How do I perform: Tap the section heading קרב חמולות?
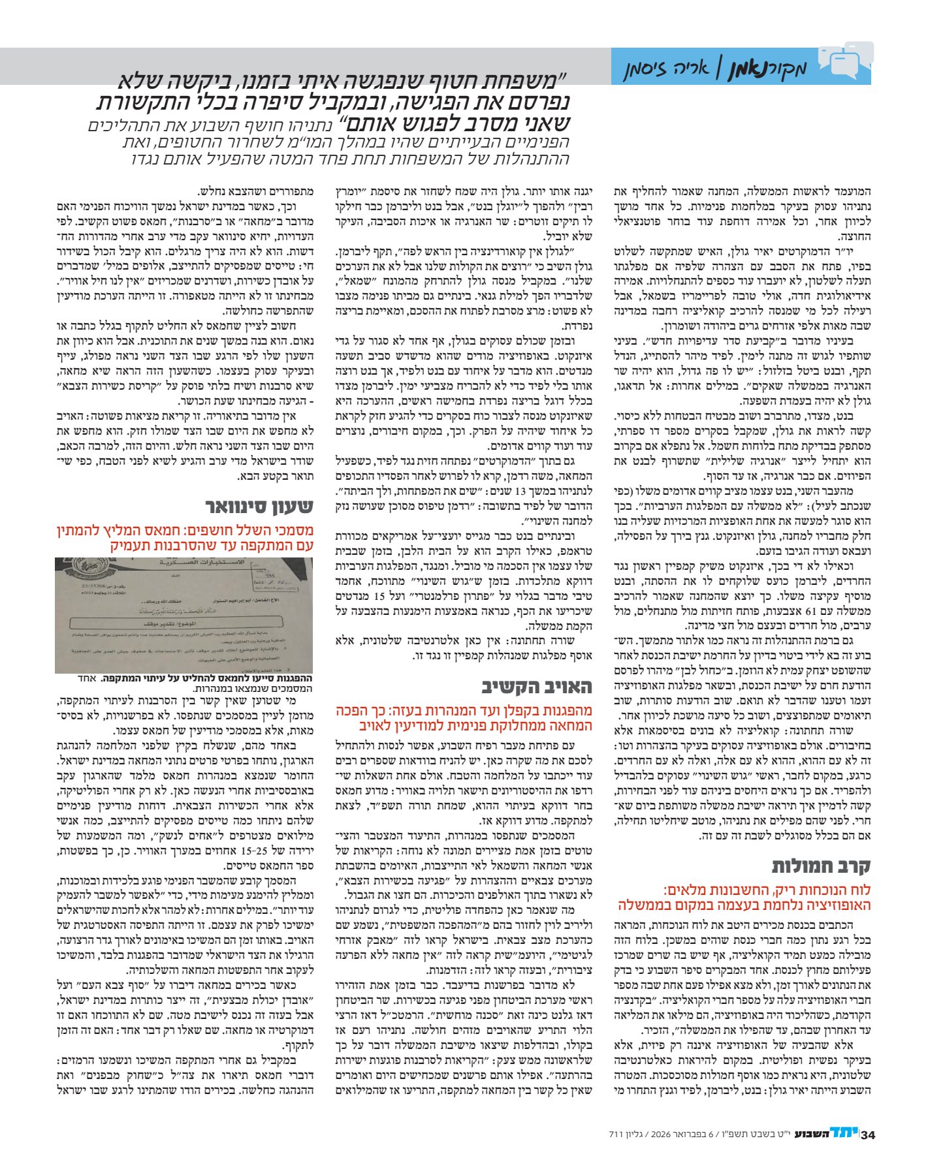click(x=821, y=866)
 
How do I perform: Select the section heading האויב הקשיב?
click(x=537, y=687)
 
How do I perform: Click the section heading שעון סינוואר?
click(x=260, y=507)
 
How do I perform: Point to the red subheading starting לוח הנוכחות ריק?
click(x=744, y=898)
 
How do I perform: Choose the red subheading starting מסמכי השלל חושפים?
click(x=185, y=538)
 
